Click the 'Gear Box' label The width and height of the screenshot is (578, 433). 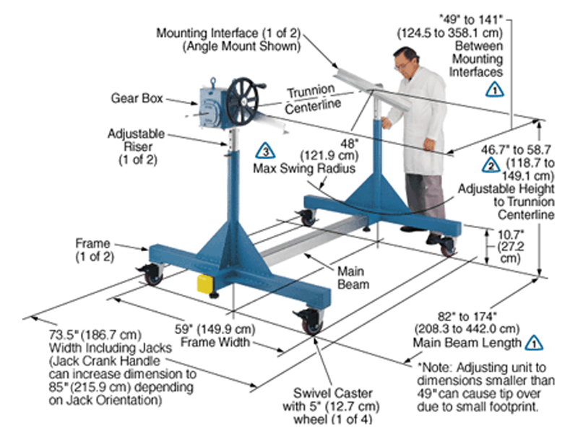click(134, 97)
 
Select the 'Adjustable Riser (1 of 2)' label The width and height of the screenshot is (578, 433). click(136, 147)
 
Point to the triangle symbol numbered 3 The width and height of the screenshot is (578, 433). click(265, 152)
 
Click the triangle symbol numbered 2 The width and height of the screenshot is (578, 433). click(490, 164)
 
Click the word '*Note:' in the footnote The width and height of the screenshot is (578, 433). click(433, 367)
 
